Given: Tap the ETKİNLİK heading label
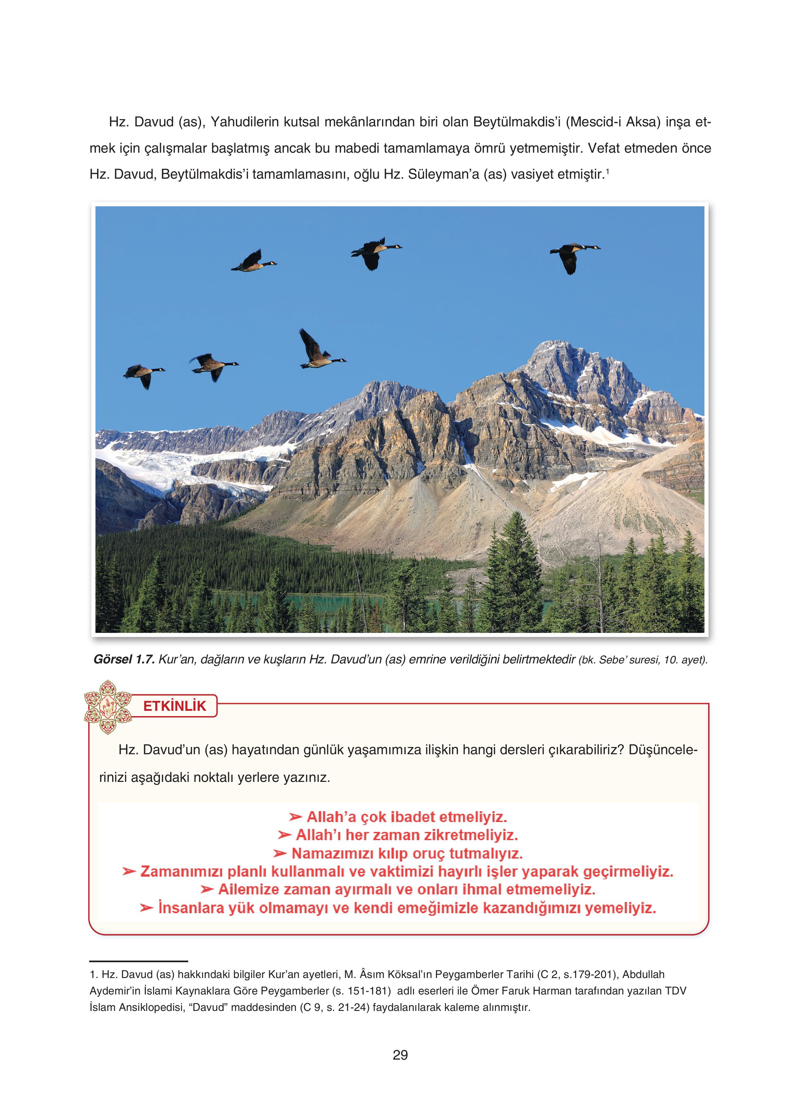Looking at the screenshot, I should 174,706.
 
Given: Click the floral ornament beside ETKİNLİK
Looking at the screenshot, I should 108,707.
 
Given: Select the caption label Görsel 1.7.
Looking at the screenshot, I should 124,659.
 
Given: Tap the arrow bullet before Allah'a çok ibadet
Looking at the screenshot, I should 295,817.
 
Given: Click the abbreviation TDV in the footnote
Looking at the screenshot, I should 676,991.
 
